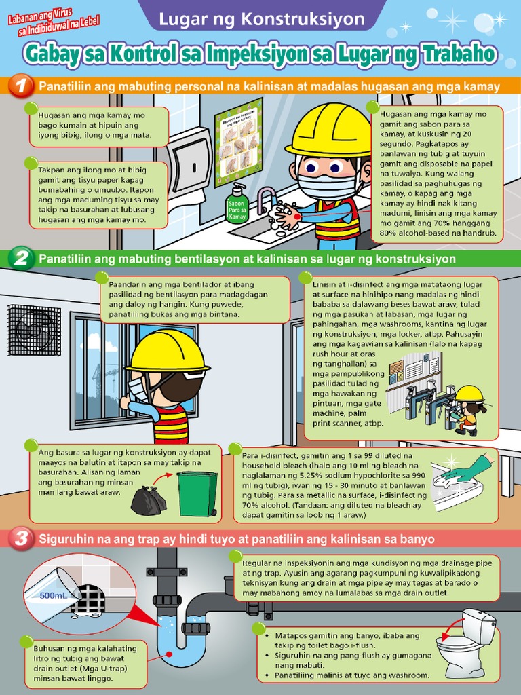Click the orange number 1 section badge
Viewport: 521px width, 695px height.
22,86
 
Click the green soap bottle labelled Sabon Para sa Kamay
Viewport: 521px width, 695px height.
237,204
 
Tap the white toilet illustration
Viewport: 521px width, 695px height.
468,641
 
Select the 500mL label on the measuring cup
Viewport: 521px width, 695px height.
53,595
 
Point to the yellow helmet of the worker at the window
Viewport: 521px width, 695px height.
166,351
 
